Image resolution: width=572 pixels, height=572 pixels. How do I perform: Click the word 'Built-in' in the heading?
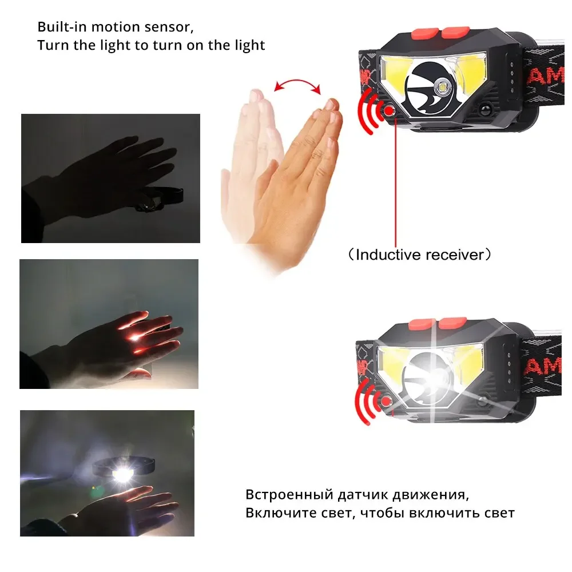(x=62, y=27)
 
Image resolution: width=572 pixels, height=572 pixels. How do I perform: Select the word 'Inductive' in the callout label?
(x=386, y=255)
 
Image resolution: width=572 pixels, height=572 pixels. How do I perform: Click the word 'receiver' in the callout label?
(x=452, y=255)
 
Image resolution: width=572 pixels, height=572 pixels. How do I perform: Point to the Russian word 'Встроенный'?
(x=289, y=495)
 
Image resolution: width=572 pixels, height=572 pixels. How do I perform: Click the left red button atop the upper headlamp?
(x=426, y=34)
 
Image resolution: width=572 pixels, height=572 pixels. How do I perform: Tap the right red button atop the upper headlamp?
(x=456, y=31)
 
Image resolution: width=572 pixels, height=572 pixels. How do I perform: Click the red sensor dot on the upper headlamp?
(x=389, y=110)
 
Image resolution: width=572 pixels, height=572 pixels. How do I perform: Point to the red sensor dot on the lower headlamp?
(x=386, y=402)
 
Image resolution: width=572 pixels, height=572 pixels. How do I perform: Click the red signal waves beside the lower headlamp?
(x=367, y=402)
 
